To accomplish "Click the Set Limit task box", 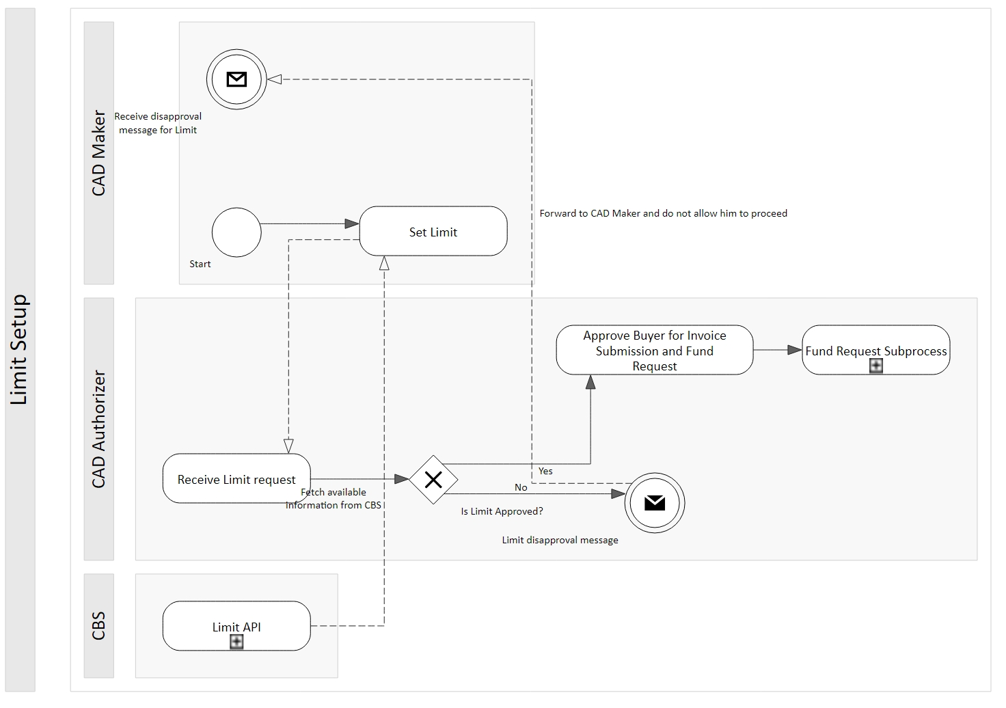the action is coord(433,231).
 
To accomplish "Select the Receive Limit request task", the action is coord(236,478).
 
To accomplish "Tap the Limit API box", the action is coord(236,626).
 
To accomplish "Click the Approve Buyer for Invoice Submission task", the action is coord(654,350).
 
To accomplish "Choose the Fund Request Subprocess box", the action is coord(875,350).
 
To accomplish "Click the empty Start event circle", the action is coord(236,232).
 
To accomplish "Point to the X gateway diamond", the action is coord(433,480).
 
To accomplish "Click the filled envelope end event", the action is coord(654,503).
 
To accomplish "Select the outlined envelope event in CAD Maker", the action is coord(236,79).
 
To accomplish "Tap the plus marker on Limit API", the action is coord(236,642).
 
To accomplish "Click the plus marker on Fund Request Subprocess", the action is coord(875,366).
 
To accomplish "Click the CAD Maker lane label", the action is coord(98,153).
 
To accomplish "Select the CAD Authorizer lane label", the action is coord(98,429).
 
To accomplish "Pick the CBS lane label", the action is coord(98,626).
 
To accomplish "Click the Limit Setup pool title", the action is coord(19,350).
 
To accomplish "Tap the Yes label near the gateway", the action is coord(545,471).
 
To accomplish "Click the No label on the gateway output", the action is coord(521,487).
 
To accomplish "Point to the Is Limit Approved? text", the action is coord(502,511).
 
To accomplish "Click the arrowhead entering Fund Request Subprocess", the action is coord(795,350).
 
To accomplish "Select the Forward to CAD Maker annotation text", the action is coord(663,213).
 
